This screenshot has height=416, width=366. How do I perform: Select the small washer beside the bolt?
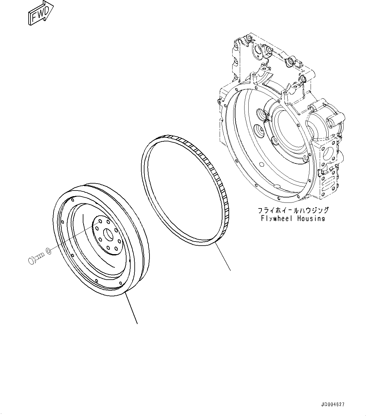click(48, 251)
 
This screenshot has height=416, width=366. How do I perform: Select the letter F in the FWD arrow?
click(33, 16)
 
